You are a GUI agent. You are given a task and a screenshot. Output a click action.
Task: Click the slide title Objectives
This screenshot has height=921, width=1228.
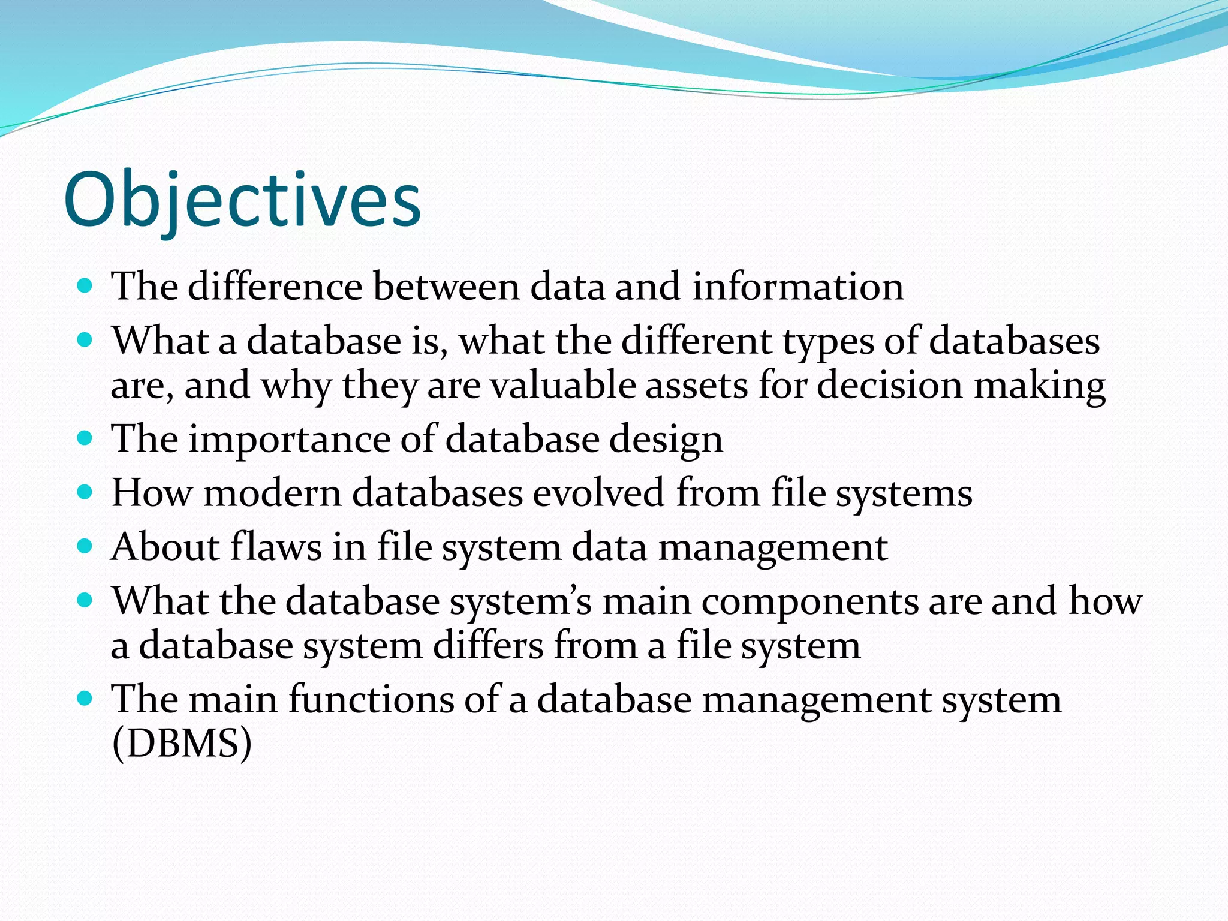point(242,200)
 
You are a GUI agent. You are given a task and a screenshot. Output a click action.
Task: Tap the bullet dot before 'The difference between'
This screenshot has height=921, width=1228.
point(85,285)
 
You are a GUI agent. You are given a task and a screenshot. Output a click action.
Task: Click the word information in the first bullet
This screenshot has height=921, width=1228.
point(797,287)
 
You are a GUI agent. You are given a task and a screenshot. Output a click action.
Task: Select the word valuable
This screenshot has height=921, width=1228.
point(562,385)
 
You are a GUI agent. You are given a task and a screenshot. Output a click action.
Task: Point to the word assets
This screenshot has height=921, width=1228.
point(696,385)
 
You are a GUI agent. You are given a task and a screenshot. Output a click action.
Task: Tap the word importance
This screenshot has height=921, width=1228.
point(289,440)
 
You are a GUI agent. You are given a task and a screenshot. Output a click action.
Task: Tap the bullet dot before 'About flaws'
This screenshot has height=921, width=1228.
point(85,547)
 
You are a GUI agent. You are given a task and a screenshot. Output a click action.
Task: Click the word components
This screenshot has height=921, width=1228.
point(809,602)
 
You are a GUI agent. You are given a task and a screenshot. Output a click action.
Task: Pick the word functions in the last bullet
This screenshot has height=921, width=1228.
point(371,700)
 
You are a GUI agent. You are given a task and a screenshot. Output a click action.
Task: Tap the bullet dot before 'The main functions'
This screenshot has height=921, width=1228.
point(85,699)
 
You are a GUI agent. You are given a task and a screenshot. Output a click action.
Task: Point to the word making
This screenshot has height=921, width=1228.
point(1039,385)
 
